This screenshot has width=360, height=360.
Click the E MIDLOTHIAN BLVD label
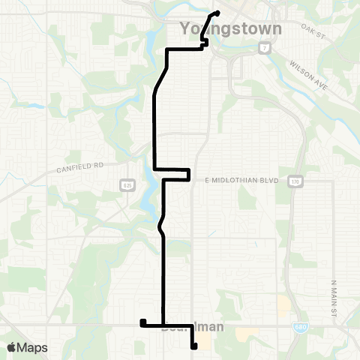tap(235, 180)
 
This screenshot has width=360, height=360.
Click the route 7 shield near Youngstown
tap(264, 47)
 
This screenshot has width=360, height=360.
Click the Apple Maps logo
tap(26, 347)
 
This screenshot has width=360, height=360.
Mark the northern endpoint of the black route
tap(217, 13)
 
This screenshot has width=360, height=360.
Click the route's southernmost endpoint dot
tap(194, 346)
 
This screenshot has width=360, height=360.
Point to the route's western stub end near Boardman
tap(142, 322)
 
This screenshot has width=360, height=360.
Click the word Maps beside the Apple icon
tap(33, 347)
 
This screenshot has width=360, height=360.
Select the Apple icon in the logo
tap(11, 346)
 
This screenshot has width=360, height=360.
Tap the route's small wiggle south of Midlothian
tap(160, 223)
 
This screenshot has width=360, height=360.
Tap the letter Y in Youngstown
tap(186, 29)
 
